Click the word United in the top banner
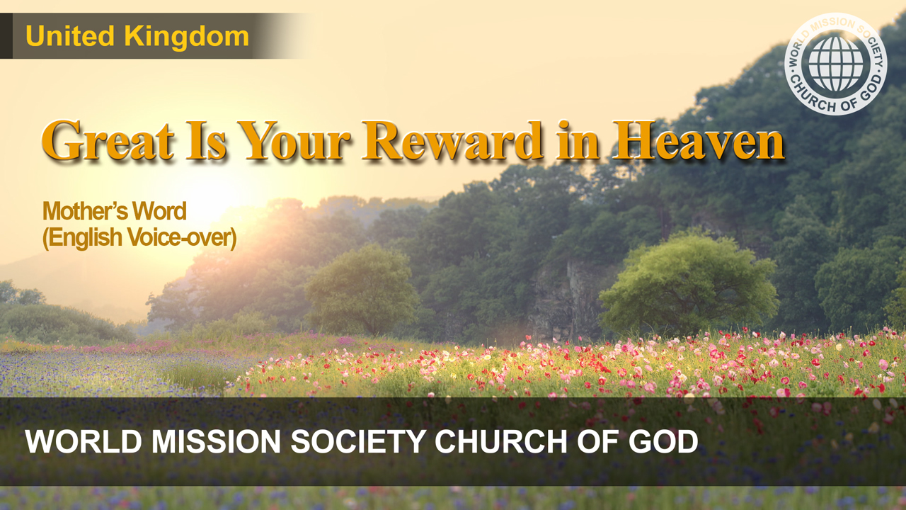[70, 36]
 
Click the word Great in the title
[108, 140]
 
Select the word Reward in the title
[452, 140]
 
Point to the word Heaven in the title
[699, 140]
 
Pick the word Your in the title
[294, 140]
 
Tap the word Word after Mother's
[159, 211]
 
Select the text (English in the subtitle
[82, 237]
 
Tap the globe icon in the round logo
[836, 64]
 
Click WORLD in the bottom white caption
[84, 441]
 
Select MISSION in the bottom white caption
[216, 441]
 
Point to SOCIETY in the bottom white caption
[358, 441]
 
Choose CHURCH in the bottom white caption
[500, 441]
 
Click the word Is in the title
[206, 140]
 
